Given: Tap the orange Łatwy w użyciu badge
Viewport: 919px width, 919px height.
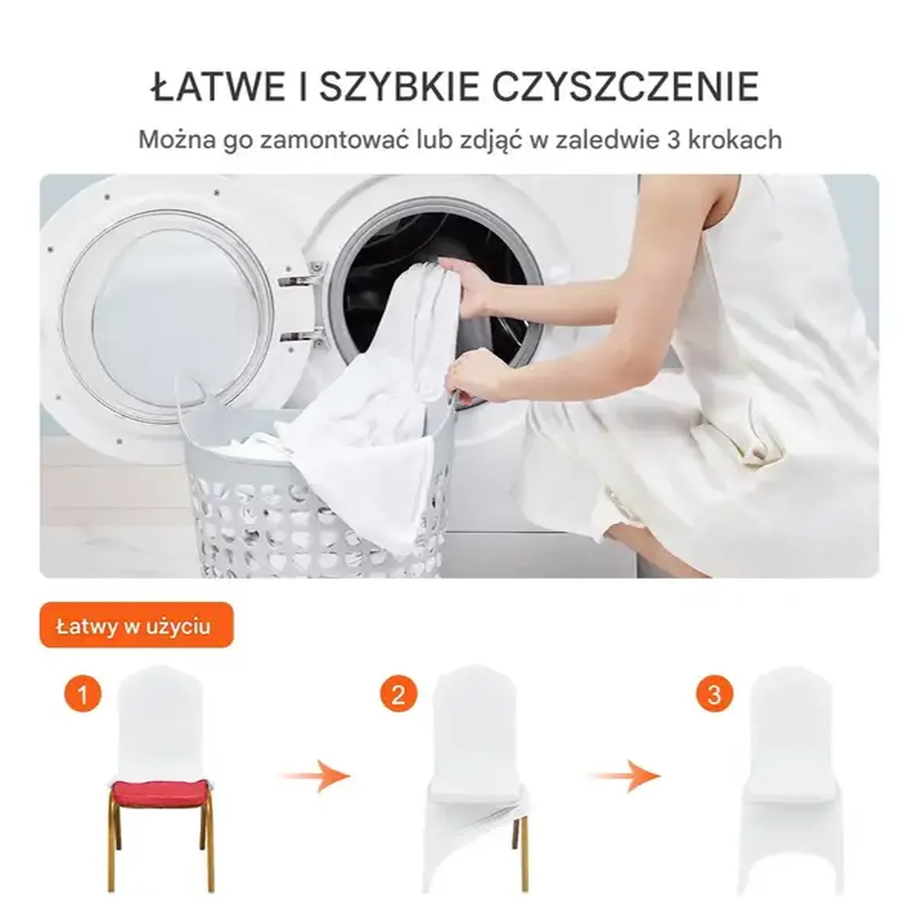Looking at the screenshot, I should pos(135,625).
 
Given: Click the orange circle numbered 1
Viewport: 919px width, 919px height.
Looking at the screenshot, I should pos(83,695).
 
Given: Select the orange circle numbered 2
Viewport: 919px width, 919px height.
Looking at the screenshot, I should pos(398,695).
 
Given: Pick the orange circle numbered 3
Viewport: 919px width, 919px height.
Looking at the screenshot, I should pos(714,695).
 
